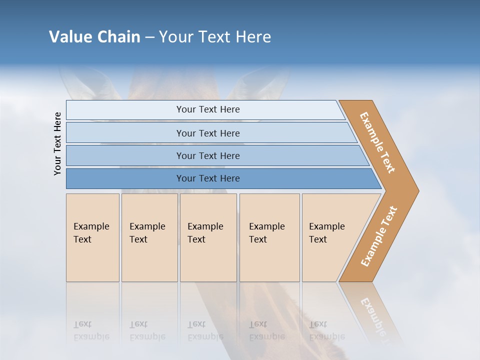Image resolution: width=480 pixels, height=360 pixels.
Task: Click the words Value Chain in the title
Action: [94, 37]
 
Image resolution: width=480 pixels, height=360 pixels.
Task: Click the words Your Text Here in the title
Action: [215, 37]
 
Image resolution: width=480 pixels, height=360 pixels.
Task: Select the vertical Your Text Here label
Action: [57, 143]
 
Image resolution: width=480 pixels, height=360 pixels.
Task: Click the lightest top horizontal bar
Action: [207, 109]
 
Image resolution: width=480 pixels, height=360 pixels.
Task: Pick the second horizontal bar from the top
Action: [207, 133]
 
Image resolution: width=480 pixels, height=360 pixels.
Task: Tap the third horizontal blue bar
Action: [207, 155]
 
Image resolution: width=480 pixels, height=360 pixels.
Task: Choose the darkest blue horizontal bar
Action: [207, 178]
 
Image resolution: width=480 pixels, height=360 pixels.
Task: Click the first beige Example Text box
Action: [92, 237]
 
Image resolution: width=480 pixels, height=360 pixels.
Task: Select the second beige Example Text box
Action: [149, 237]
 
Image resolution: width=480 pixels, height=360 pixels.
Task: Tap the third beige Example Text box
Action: [207, 237]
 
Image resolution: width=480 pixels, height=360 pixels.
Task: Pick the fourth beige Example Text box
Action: [269, 237]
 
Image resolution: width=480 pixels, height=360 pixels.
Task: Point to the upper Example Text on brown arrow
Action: [377, 142]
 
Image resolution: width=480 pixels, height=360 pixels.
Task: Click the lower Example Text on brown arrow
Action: [379, 236]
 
